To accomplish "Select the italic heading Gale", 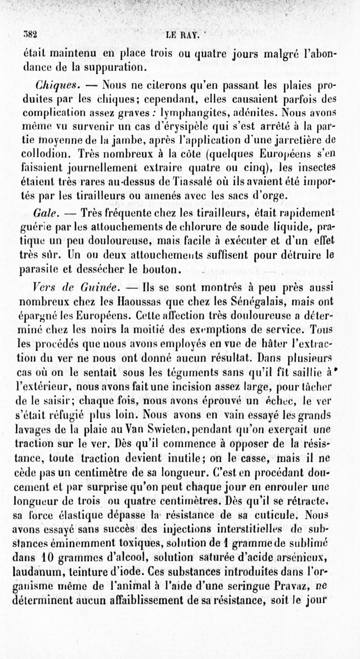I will (x=43, y=211).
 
